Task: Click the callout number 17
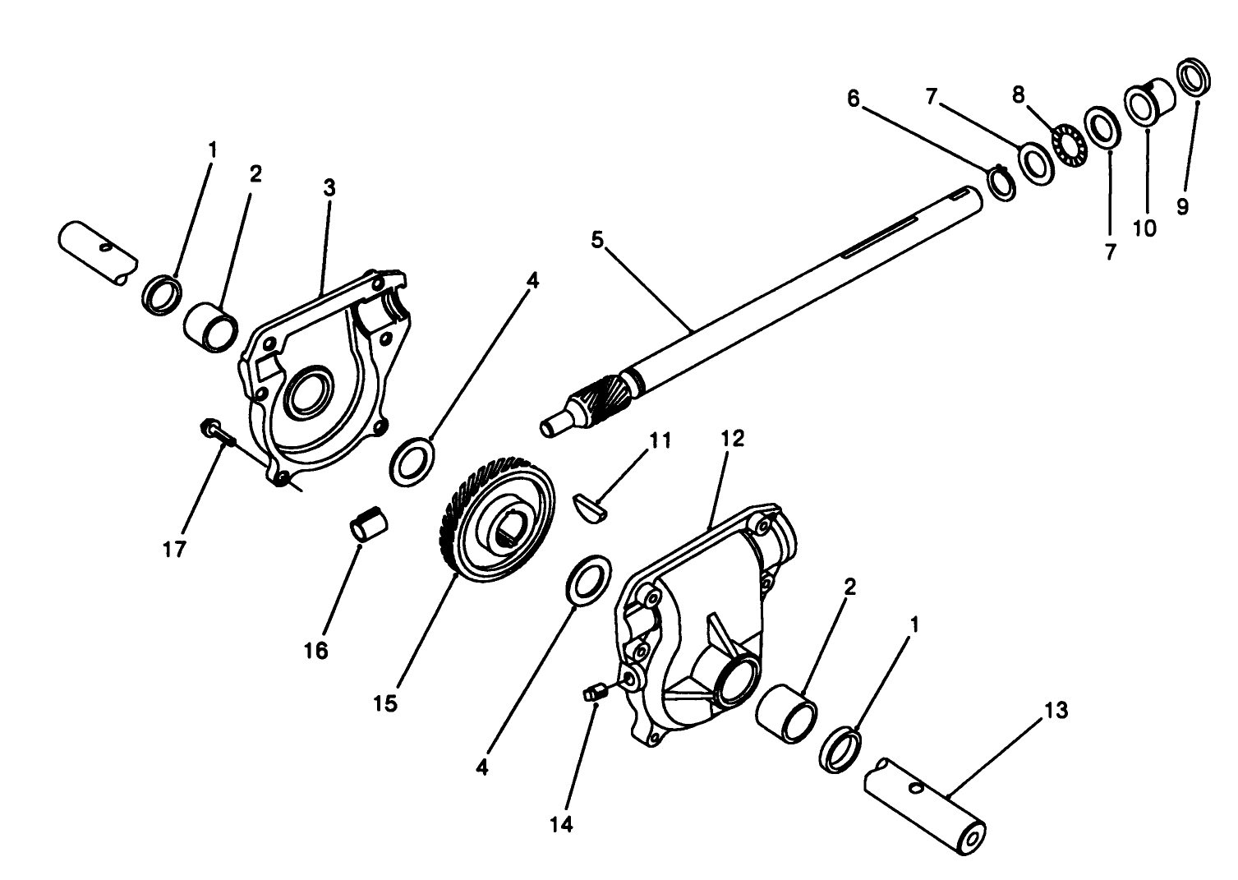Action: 174,550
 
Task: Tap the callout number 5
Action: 597,240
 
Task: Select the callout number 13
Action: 1056,710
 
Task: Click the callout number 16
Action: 315,651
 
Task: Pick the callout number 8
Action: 1019,94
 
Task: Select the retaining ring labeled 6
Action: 1000,182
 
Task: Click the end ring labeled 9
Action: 1194,76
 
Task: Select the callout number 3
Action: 329,187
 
